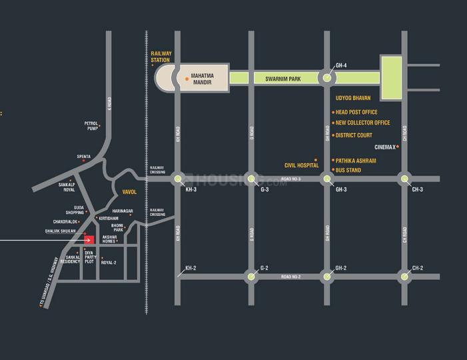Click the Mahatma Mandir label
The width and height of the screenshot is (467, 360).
point(206,79)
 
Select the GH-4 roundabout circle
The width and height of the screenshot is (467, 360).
point(326,79)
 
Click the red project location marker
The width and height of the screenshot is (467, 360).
point(89,240)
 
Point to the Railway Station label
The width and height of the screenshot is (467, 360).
point(161,57)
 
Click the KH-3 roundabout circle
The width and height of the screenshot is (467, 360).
point(178,179)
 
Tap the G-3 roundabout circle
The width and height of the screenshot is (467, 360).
point(251,179)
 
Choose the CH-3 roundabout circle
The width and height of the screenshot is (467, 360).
point(403,179)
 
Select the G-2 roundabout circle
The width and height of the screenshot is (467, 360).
point(251,276)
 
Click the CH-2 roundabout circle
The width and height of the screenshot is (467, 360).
point(403,276)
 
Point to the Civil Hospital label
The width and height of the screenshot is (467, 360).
point(302,165)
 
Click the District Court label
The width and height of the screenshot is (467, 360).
point(354,135)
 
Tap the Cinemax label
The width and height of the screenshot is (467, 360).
point(385,147)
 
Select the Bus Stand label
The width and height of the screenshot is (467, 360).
point(348,171)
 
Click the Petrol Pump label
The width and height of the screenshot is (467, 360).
point(91,125)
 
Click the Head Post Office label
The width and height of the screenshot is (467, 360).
point(356,112)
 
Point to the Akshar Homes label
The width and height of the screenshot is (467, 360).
point(110,239)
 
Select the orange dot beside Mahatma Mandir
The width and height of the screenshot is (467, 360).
point(187,79)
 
